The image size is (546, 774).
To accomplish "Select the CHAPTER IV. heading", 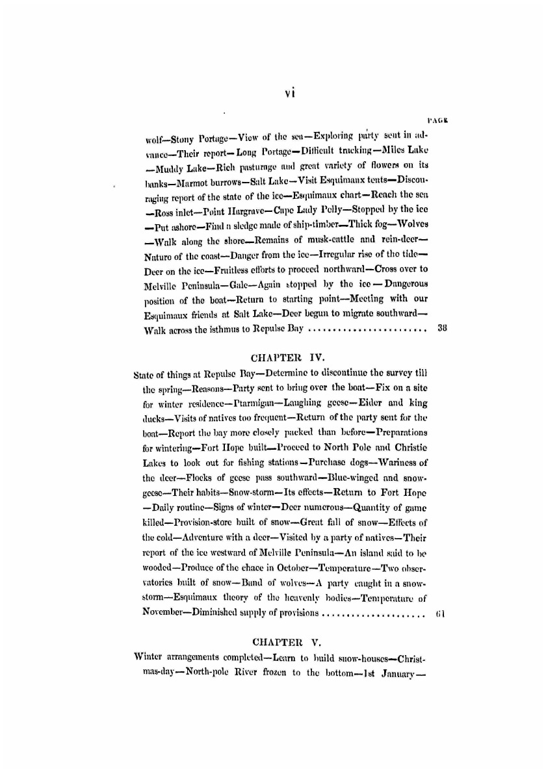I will coord(279,357).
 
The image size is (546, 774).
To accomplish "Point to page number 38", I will coord(441,329).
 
